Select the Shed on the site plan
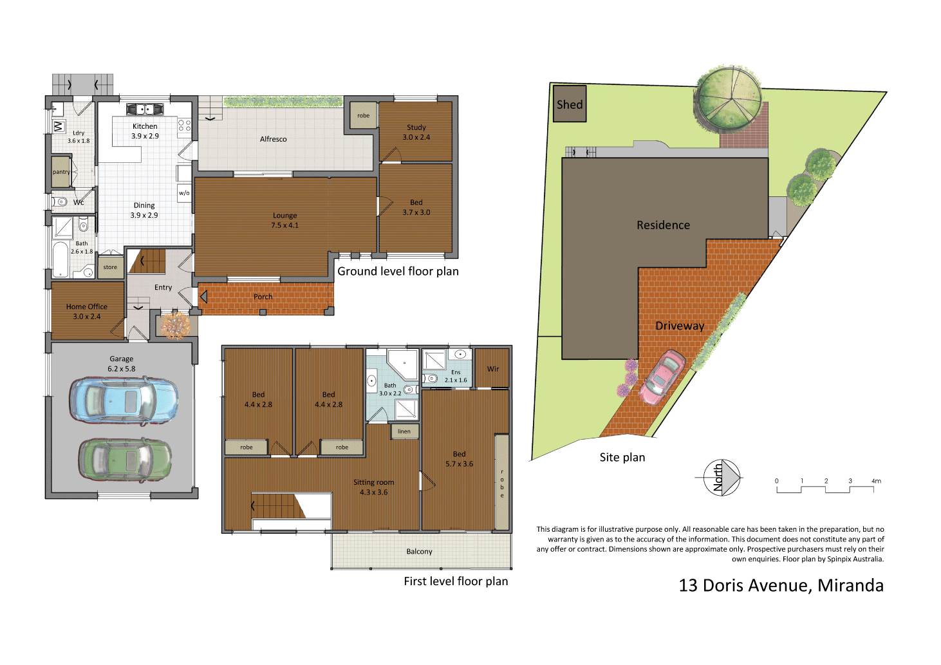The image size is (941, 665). click(x=570, y=104)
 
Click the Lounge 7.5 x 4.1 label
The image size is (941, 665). click(x=284, y=220)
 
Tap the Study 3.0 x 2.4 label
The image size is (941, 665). click(x=416, y=132)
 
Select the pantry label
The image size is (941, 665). click(x=61, y=172)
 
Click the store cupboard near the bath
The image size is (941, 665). click(x=110, y=267)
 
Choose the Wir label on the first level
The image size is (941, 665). click(x=492, y=369)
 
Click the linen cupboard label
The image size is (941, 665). click(x=404, y=431)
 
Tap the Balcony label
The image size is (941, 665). click(x=419, y=552)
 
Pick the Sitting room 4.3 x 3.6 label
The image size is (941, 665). click(x=373, y=487)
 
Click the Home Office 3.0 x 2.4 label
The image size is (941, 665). click(x=86, y=312)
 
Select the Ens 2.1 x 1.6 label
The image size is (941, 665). click(x=456, y=376)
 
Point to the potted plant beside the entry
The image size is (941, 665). click(x=174, y=325)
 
